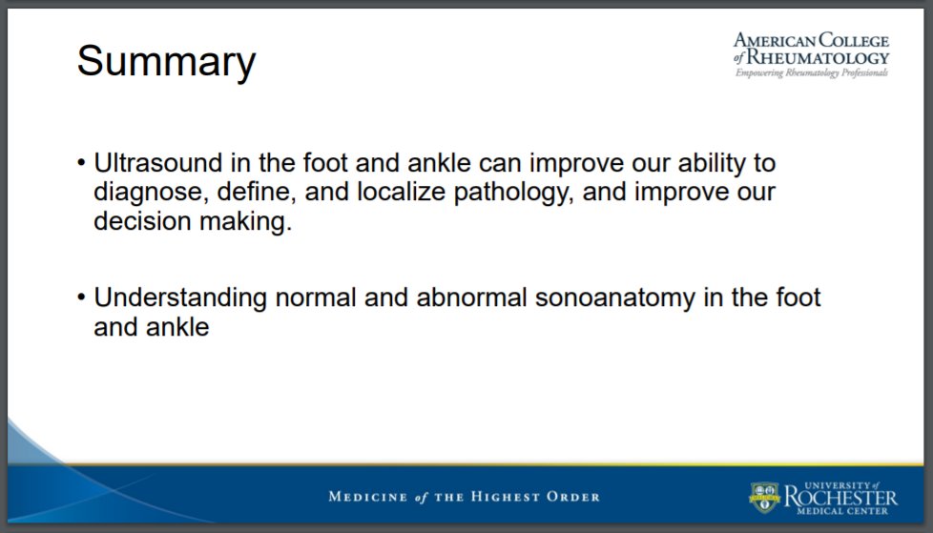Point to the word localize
401,192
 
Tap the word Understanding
180,298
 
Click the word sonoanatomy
614,298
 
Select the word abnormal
472,297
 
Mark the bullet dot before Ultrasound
81,163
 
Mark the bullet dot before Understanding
81,297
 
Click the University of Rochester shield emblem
764,498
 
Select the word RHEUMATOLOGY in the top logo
819,58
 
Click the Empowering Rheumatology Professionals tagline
812,72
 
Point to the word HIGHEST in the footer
506,497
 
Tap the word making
246,222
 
